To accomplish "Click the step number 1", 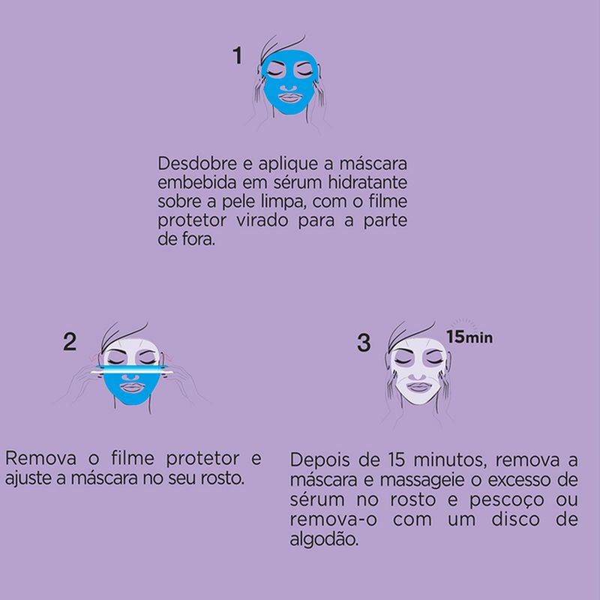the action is click(x=238, y=55).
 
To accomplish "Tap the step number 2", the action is click(x=70, y=342).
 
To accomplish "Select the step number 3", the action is click(x=364, y=343).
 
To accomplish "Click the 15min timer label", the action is click(x=469, y=337).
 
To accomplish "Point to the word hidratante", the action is click(x=367, y=182).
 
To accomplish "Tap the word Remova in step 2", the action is click(x=41, y=458).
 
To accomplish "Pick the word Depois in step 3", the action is click(x=320, y=460).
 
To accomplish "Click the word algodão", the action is click(x=324, y=539).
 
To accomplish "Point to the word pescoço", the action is click(x=507, y=500).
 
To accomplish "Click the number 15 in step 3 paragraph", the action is click(x=397, y=460).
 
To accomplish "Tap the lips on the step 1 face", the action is click(x=290, y=98).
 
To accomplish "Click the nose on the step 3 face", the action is click(x=417, y=376).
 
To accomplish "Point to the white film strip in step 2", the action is click(x=132, y=370).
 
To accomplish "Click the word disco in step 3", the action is click(x=515, y=520).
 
